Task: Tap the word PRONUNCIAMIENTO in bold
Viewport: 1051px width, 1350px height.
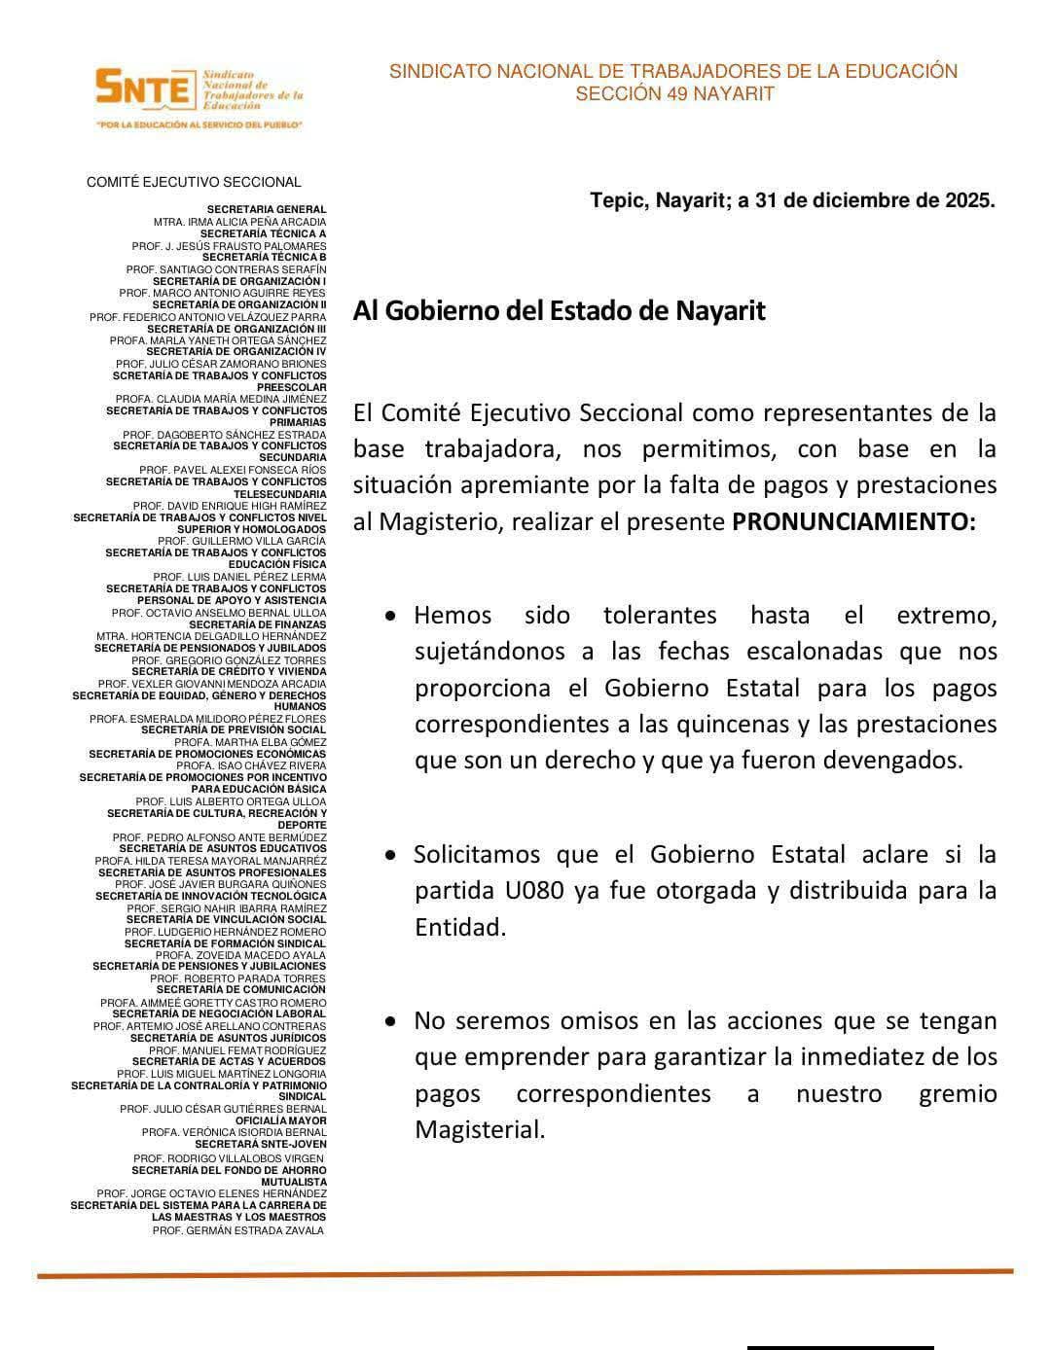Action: point(853,521)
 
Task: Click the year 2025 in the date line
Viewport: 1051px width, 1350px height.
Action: point(969,201)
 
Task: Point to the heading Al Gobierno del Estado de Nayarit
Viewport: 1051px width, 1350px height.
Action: point(559,311)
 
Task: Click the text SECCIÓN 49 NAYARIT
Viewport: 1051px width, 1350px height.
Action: point(674,94)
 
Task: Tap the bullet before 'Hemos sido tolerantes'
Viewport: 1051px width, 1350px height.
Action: point(390,617)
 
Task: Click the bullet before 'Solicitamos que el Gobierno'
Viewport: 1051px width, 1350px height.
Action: point(390,856)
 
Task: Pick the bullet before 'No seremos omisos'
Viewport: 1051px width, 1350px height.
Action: point(390,1022)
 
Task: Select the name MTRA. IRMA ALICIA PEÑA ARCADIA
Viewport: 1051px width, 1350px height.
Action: point(239,222)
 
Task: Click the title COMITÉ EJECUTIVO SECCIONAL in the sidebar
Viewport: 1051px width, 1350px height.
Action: point(194,182)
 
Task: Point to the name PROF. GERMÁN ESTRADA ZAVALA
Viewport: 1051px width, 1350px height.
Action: point(237,1230)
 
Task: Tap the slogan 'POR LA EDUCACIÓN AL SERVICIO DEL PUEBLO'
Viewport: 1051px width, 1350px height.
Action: point(199,125)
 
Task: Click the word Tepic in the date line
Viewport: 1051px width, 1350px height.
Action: point(617,201)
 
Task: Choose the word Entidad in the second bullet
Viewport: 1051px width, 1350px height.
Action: point(460,927)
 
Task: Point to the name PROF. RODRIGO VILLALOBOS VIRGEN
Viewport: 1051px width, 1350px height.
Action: point(229,1158)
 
